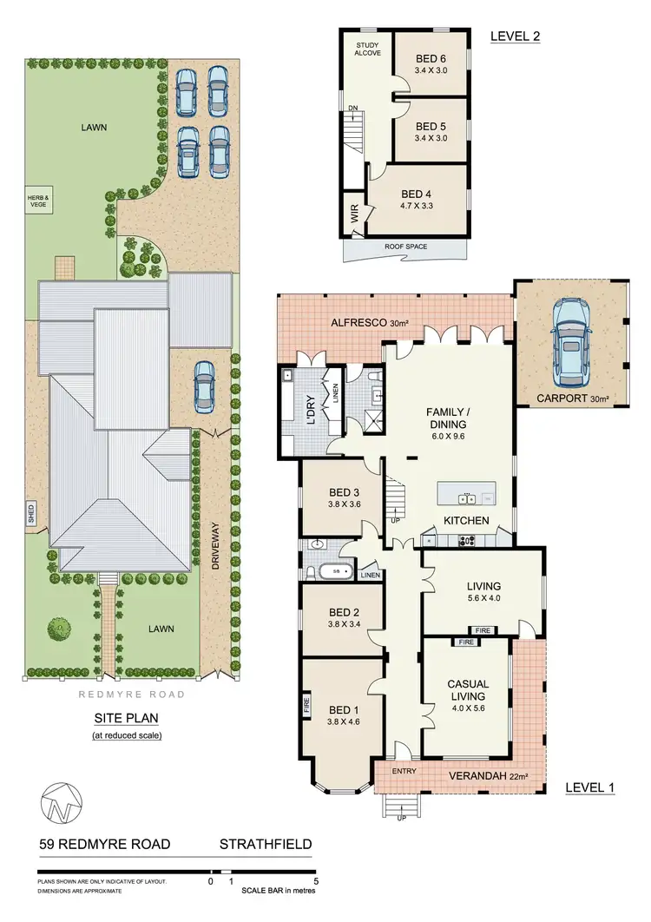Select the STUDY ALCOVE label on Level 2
tap(368, 48)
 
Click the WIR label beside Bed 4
tap(354, 214)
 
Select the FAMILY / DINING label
tap(446, 418)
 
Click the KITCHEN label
tap(467, 521)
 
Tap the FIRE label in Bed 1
tap(306, 702)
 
